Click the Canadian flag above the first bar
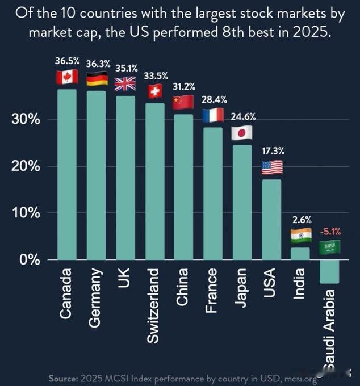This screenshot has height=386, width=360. pyautogui.click(x=66, y=77)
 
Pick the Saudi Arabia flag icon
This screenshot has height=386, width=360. pyautogui.click(x=329, y=247)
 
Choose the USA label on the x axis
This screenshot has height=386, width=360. pyautogui.click(x=271, y=283)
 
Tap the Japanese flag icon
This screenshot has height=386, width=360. pyautogui.click(x=242, y=133)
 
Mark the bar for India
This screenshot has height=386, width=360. pyautogui.click(x=300, y=254)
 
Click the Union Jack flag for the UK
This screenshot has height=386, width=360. pyautogui.click(x=125, y=84)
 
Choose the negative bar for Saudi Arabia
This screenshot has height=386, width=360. pyautogui.click(x=329, y=272)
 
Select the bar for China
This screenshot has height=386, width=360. pyautogui.click(x=184, y=187)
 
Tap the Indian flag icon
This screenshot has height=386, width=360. pyautogui.click(x=300, y=235)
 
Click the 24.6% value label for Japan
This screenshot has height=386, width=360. pyautogui.click(x=243, y=117)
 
